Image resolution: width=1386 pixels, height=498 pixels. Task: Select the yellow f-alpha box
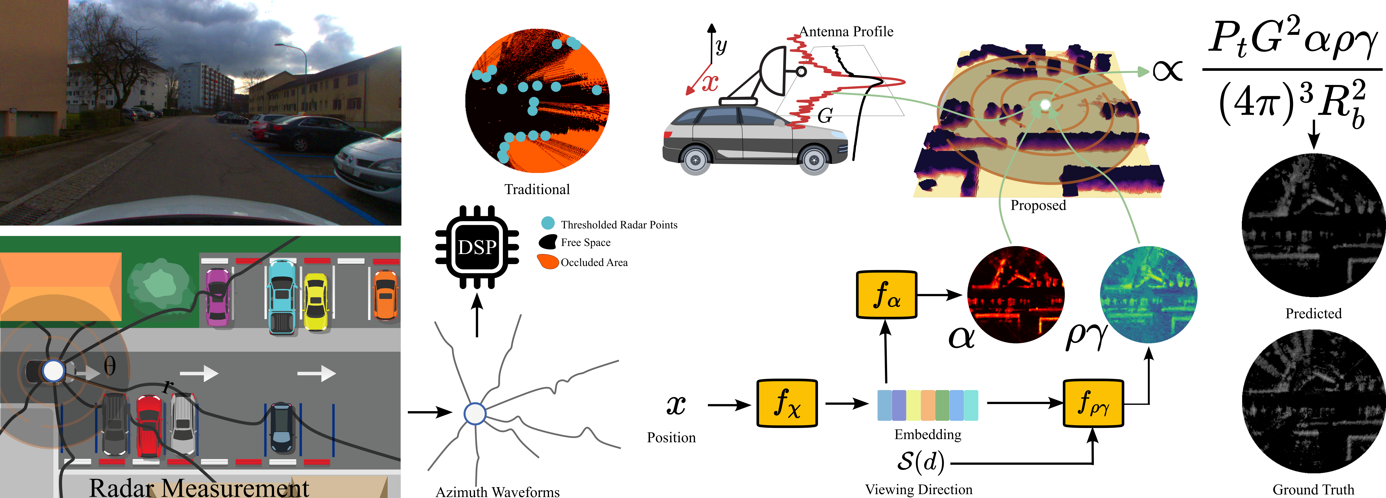click(886, 295)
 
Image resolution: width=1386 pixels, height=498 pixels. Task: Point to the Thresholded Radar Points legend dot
click(548, 223)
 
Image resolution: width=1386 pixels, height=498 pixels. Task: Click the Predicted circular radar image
click(1313, 226)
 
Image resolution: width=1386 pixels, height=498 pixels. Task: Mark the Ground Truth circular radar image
click(1313, 402)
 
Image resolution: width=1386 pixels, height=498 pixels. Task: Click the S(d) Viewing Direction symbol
click(920, 461)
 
